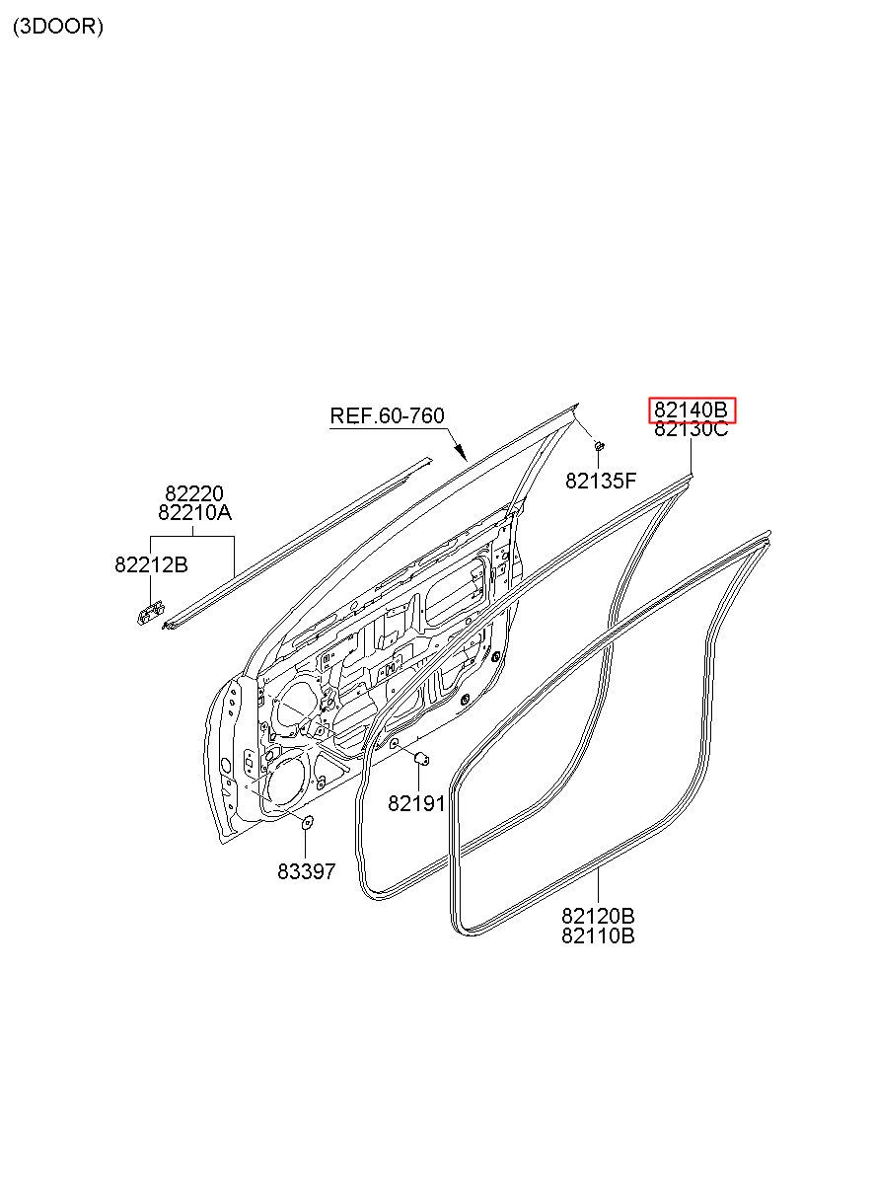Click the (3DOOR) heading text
click(58, 27)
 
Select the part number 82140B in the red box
click(691, 410)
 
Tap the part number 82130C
click(691, 428)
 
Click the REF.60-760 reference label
click(387, 415)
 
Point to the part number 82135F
click(601, 481)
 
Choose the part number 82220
click(194, 493)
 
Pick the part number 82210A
click(194, 512)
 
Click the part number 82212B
click(152, 564)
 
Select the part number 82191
click(416, 803)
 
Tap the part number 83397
click(306, 871)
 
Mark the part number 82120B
click(598, 916)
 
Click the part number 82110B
click(598, 935)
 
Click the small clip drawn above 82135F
click(600, 445)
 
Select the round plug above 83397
click(307, 822)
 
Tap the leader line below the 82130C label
click(692, 456)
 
